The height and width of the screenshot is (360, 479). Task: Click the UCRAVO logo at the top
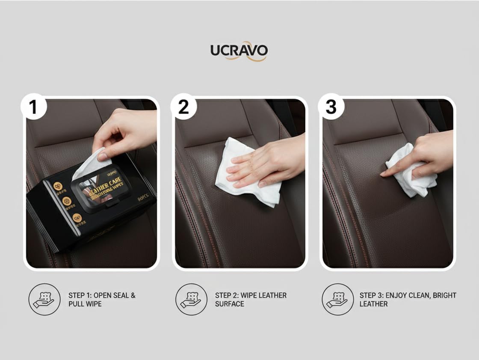click(x=239, y=51)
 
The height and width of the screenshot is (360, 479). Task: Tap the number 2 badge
click(x=183, y=107)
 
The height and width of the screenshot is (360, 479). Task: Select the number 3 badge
click(x=331, y=107)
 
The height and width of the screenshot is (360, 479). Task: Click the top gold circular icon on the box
click(x=58, y=186)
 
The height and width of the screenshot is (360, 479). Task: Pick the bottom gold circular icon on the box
click(x=77, y=218)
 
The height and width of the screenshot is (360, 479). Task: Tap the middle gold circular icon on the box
click(x=67, y=201)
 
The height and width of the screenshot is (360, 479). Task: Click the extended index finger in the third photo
click(x=391, y=170)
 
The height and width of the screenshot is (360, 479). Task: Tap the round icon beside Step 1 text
click(x=44, y=299)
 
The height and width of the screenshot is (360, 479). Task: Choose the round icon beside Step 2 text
click(x=191, y=299)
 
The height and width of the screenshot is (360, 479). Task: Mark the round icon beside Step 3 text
click(x=337, y=299)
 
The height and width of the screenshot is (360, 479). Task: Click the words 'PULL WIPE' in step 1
click(x=86, y=304)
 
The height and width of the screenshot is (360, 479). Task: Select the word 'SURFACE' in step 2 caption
click(x=230, y=304)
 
